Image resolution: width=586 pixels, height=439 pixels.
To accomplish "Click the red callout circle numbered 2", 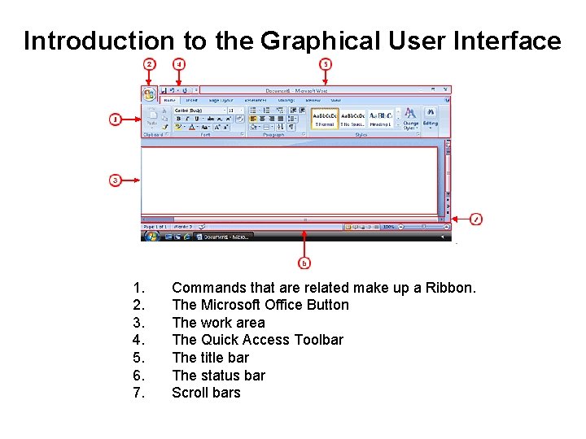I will pos(149,63).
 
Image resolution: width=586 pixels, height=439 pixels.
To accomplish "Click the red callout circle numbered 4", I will pos(179,63).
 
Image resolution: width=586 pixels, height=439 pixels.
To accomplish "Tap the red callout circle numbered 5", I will pos(326,63).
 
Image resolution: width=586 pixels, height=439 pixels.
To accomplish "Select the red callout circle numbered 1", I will pos(116,120).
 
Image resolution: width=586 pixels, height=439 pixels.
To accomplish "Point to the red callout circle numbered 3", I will pos(116,180).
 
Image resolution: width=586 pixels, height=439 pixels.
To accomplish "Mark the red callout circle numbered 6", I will pos(304,263).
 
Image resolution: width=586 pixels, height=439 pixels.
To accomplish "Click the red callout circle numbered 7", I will pos(477,219).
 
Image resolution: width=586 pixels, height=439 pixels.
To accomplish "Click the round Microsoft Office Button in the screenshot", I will pos(149,94).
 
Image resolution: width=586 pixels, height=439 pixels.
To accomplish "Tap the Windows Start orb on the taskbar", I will pos(151,237).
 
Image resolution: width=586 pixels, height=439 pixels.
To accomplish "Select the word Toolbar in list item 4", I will pos(316,340).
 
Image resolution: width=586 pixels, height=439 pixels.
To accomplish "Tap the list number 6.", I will pos(139,376).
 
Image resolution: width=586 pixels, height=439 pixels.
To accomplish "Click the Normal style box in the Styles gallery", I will pos(325,119).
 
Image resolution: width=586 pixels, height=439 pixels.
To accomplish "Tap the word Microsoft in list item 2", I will pos(230,305).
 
